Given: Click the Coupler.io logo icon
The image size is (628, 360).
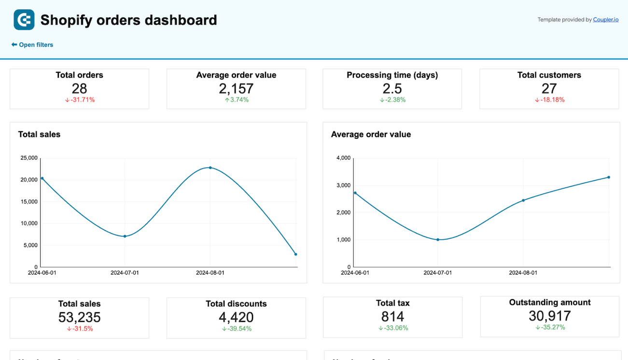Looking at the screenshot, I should (x=24, y=20).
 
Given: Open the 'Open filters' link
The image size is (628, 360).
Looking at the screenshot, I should (x=32, y=45).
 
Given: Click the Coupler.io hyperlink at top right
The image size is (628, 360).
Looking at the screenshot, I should (x=605, y=20).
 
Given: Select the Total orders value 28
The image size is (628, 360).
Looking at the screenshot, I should (x=79, y=88).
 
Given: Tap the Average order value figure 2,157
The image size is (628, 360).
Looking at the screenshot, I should (x=236, y=88).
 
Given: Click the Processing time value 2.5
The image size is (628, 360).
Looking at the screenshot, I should (x=392, y=88).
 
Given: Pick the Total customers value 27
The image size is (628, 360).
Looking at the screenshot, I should (x=549, y=88).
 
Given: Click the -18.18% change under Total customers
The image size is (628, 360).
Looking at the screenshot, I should (x=549, y=100).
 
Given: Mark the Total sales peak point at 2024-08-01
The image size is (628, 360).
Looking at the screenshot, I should (x=210, y=167).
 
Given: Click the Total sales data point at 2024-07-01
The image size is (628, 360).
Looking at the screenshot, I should (x=125, y=236).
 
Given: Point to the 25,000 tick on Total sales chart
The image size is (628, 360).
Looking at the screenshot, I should (x=28, y=158).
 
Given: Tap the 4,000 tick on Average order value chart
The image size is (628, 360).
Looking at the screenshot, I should (x=343, y=158).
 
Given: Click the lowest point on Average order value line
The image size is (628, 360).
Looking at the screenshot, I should (x=438, y=239).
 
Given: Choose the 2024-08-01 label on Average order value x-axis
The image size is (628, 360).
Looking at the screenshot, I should (x=523, y=273).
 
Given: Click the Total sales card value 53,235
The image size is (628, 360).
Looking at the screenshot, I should (x=79, y=317).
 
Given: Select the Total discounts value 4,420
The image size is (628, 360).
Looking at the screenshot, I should (x=236, y=317).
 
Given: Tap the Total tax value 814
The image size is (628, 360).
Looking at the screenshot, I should (x=392, y=317).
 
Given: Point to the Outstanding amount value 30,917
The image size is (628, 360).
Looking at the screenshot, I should (x=549, y=316).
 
